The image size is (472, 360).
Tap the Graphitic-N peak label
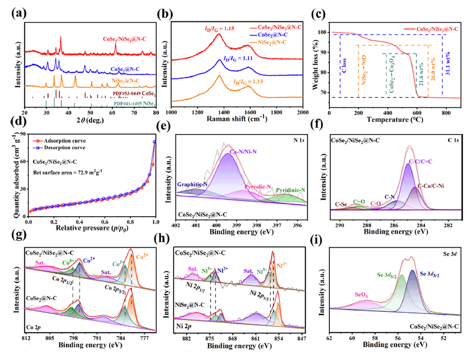point(193,181)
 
